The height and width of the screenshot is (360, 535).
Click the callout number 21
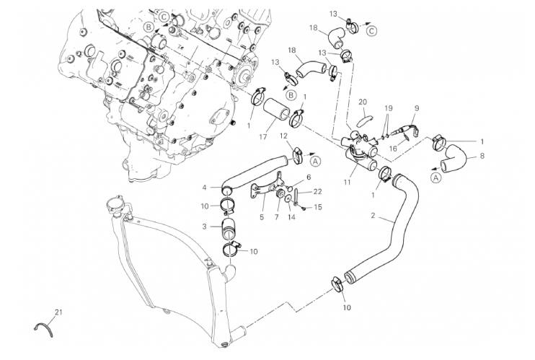59,312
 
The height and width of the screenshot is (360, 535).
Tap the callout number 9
416,109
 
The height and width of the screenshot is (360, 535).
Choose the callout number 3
205,227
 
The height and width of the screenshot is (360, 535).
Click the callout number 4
205,188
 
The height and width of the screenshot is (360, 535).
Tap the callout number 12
284,136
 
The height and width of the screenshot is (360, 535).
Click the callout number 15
319,207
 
